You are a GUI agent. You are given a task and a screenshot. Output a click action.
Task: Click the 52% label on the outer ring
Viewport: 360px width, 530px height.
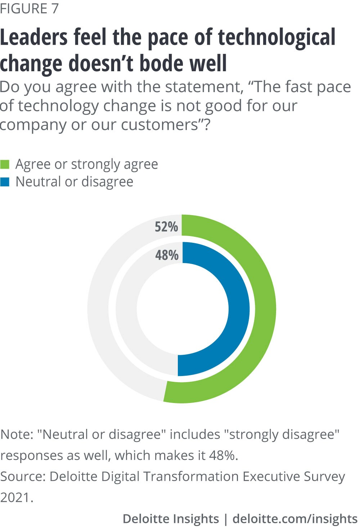pos(166,227)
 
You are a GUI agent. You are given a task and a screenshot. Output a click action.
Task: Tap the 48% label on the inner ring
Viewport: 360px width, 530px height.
pos(167,255)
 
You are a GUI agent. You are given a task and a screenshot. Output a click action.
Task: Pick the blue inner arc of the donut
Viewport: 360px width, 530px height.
pos(239,309)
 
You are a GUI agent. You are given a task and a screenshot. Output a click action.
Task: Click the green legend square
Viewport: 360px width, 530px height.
pos(5,164)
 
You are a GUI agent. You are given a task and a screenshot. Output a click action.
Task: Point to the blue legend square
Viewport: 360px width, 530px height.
pos(5,182)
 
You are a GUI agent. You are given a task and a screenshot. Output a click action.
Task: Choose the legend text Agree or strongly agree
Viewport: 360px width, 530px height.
pos(87,164)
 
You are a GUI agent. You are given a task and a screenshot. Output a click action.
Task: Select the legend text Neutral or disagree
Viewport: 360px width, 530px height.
pos(75,182)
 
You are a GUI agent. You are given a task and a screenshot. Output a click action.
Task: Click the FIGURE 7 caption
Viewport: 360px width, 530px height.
pos(29,9)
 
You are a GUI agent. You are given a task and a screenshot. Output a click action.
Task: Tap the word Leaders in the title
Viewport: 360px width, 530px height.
pos(34,38)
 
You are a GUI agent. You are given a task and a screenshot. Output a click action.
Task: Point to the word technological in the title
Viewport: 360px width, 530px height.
pos(276,38)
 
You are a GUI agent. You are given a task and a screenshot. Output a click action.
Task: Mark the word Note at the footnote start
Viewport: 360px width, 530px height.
pos(16,434)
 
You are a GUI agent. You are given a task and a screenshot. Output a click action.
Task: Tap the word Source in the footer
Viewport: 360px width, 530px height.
pos(23,476)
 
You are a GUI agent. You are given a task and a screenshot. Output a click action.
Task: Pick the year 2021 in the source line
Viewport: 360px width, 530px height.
pos(16,497)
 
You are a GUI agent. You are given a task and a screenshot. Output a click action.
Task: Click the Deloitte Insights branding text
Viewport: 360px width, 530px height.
pos(171,519)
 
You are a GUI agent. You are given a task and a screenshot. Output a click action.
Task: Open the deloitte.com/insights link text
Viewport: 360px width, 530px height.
pos(295,519)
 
